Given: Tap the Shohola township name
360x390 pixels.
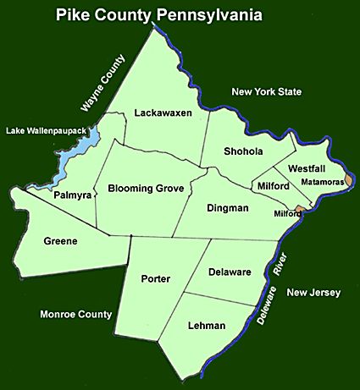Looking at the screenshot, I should point(244,151).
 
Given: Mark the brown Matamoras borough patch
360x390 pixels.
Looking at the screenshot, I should point(350,179).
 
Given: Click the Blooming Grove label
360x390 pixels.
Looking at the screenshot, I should point(147,188).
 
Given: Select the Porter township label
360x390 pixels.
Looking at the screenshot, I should point(157,278).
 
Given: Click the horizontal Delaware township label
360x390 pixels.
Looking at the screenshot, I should point(228,272).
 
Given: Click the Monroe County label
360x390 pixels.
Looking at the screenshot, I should point(76,315).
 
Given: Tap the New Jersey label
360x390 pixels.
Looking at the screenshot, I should point(313,293).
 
